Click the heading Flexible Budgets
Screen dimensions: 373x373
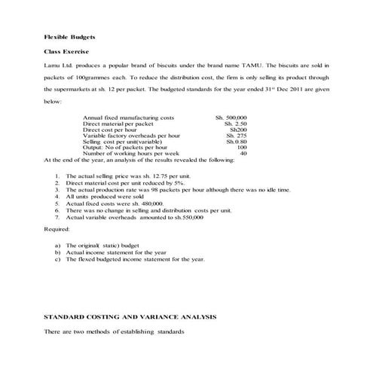(x=64, y=36)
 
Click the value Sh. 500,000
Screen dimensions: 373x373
(x=231, y=118)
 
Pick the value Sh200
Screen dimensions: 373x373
(x=237, y=130)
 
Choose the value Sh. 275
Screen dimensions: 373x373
(x=236, y=136)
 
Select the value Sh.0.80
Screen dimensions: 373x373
(x=236, y=142)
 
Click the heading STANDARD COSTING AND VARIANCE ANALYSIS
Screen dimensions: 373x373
(x=130, y=317)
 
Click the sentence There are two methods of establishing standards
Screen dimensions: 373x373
(x=112, y=332)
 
